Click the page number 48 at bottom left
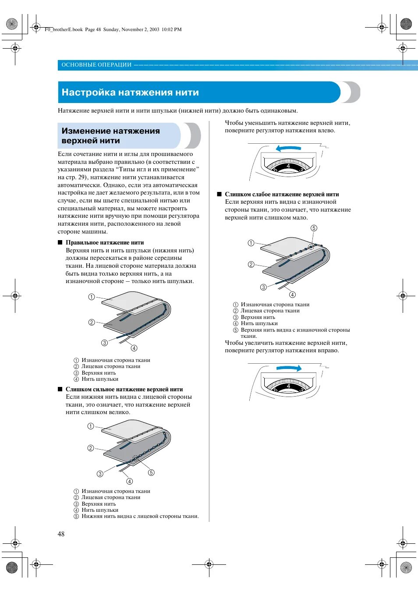tap(61, 534)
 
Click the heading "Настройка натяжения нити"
tap(130, 92)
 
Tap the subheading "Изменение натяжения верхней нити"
tap(110, 136)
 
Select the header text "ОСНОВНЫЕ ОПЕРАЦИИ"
tap(96, 65)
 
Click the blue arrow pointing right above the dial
tap(289, 368)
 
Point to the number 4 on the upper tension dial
tap(288, 166)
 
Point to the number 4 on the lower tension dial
tap(288, 386)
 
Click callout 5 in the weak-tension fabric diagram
tap(314, 228)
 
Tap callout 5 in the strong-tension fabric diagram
tap(151, 472)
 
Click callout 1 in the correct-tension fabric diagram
tap(92, 297)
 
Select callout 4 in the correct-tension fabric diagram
tap(134, 348)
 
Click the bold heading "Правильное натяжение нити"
tap(105, 242)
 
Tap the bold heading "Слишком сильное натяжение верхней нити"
tap(124, 389)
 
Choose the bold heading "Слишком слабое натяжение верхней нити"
tap(282, 194)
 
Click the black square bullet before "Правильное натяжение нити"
tap(60, 242)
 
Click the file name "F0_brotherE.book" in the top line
tap(64, 29)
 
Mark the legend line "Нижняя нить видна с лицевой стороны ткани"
tap(140, 516)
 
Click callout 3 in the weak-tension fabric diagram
tap(263, 287)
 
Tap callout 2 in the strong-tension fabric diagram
tap(91, 448)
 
